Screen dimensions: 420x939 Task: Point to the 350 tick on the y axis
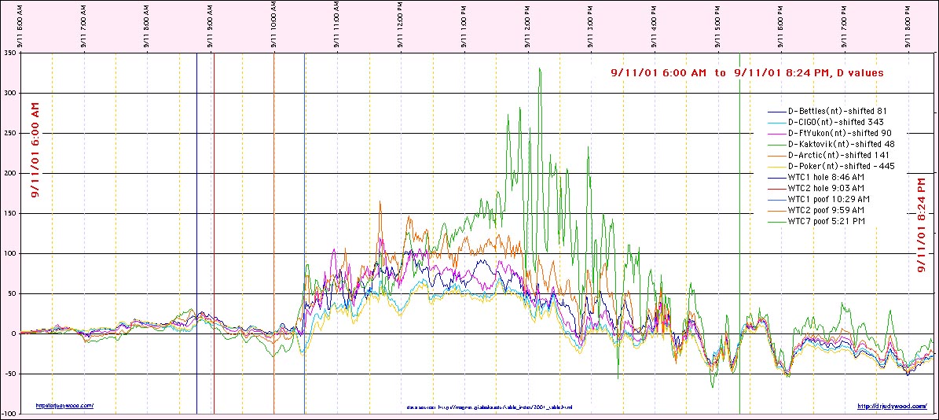click(9, 53)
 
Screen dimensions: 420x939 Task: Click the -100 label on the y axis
click(9, 414)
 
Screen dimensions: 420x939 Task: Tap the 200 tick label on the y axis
click(9, 174)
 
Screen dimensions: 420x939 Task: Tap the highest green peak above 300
click(539, 69)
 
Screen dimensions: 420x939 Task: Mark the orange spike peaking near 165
click(380, 201)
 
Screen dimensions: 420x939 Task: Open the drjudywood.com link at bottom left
click(65, 406)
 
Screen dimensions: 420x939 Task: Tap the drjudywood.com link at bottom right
click(890, 407)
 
